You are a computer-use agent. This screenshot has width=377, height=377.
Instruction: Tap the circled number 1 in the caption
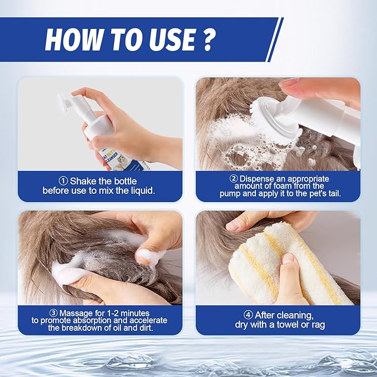click(x=63, y=180)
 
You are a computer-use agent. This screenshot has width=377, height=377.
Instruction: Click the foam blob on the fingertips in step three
click(x=149, y=257)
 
